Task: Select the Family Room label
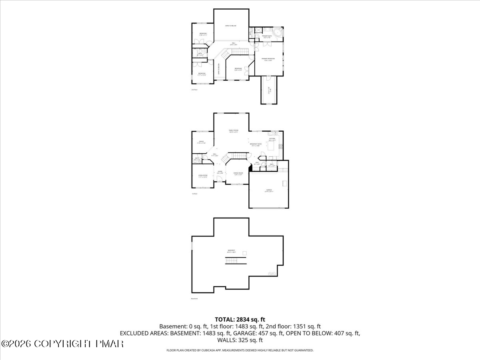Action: pos(233,131)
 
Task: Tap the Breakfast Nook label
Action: pos(256,144)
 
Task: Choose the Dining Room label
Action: pos(238,174)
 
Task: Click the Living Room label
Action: pos(203,176)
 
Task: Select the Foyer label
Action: pos(220,172)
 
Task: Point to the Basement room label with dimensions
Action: pos(232,251)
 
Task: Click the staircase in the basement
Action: pos(231,261)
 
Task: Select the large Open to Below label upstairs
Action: pos(231,26)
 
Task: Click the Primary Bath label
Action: pos(267,37)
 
